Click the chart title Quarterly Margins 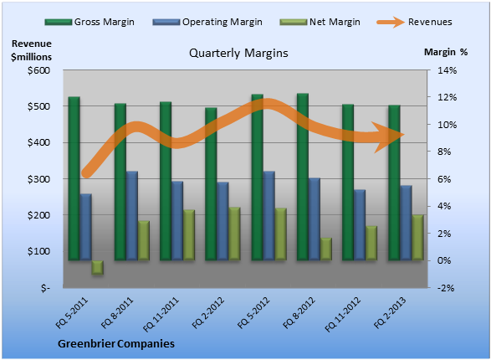238,54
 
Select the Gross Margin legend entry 90,22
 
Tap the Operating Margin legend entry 207,22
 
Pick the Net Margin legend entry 320,22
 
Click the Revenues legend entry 414,22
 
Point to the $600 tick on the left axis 38,70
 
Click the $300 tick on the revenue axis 38,179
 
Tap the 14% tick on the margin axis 448,70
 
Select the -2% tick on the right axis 446,288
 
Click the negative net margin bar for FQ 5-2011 97,268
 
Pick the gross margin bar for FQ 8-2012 303,177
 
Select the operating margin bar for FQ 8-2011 132,215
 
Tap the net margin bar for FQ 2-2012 234,234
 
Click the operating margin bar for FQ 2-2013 407,223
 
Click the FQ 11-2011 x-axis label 161,314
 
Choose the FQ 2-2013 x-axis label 390,312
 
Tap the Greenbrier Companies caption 116,344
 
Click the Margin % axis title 446,52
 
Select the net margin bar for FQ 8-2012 325,249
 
